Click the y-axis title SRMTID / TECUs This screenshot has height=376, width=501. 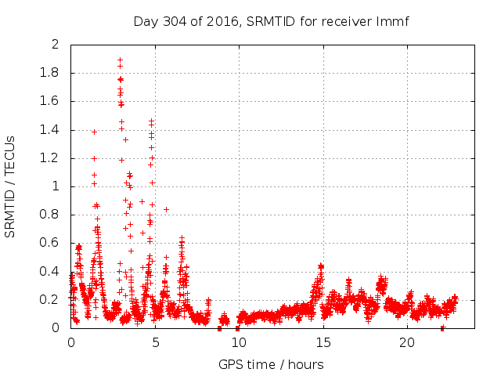11,186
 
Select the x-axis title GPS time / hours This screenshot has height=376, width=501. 271,364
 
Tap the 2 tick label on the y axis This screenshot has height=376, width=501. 56,45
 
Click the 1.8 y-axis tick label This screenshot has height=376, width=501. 51,73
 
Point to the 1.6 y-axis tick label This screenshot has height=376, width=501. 51,101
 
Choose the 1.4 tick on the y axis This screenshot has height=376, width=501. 51,130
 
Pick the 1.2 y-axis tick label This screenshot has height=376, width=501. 51,158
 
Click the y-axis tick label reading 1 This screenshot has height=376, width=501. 56,186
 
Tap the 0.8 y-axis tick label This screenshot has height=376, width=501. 51,215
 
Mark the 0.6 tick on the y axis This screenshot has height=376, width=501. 51,243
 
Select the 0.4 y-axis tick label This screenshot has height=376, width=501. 51,272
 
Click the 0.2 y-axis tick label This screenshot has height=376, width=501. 51,300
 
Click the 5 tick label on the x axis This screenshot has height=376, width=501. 155,343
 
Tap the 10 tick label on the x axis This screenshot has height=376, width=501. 239,343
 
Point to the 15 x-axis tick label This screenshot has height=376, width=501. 323,343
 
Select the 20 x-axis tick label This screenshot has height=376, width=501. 407,343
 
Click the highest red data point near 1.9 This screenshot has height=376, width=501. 120,60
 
